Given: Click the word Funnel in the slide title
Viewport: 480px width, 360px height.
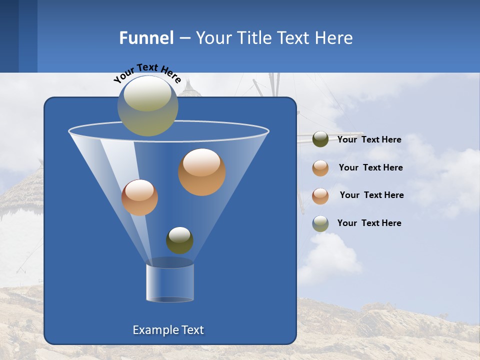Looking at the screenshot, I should coord(146,38).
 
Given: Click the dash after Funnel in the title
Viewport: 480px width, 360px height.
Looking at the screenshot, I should coord(184,38).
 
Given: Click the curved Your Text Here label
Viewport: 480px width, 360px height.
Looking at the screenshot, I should coord(147,72).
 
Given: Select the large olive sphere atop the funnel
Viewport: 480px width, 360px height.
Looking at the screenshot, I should coord(148,105).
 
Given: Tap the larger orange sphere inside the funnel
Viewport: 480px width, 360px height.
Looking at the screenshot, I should coord(201,171).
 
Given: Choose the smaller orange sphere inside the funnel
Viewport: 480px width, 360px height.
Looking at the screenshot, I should coord(139,197).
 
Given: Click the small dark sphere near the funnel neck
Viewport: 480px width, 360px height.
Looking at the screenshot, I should coord(179,240).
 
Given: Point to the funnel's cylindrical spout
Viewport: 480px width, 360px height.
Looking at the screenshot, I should coord(170,282).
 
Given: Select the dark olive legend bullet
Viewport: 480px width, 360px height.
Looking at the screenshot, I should coord(320,139).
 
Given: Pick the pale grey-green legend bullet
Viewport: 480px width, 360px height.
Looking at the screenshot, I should coord(320,223).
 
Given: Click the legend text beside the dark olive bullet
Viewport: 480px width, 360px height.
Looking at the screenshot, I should coord(369,140).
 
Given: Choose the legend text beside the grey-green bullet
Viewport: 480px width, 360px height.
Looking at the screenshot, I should coord(369,223).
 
